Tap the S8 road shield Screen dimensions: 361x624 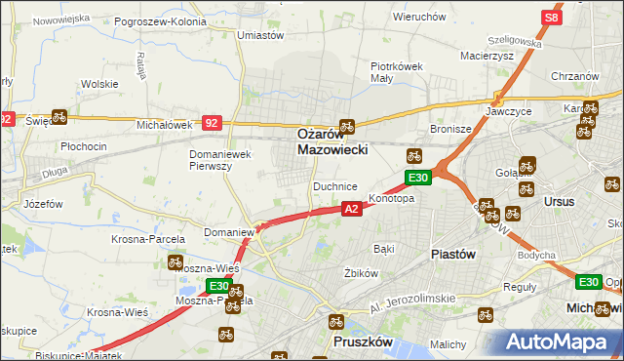[552, 17]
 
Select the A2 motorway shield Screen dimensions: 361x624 [352, 208]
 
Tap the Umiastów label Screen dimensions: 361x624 [259, 35]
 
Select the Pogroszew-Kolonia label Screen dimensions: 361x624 [160, 20]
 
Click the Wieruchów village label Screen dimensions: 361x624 [419, 17]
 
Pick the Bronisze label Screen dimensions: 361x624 [451, 129]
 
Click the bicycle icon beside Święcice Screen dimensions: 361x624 [58, 117]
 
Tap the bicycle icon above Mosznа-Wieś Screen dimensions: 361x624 [175, 261]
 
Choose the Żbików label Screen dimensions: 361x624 [361, 273]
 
